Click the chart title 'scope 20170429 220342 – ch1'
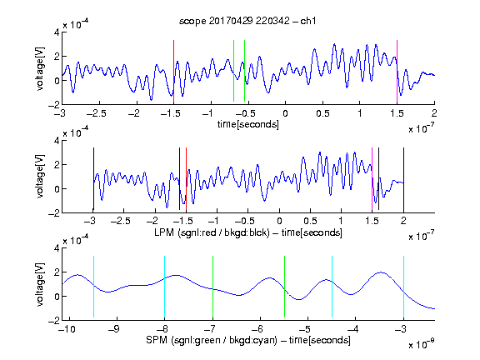pos(247,21)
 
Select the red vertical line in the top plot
pos(173,72)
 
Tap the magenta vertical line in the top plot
pos(397,72)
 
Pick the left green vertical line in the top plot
pos(233,71)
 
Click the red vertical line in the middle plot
pos(186,180)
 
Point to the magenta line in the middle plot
pos(372,180)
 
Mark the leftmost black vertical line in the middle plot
pos(93,179)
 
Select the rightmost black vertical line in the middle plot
pos(403,180)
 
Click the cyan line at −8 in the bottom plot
pos(164,287)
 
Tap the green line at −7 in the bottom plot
pos(212,287)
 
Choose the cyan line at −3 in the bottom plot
pos(403,287)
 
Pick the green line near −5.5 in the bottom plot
pos(284,287)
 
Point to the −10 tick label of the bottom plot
pos(67,329)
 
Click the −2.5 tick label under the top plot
pos(96,113)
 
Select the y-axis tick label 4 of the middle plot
pos(57,141)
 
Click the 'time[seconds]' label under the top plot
pos(248,124)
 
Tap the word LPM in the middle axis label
pos(164,232)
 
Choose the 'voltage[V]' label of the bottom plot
pos(40,284)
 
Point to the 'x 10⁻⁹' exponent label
pos(422,344)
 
